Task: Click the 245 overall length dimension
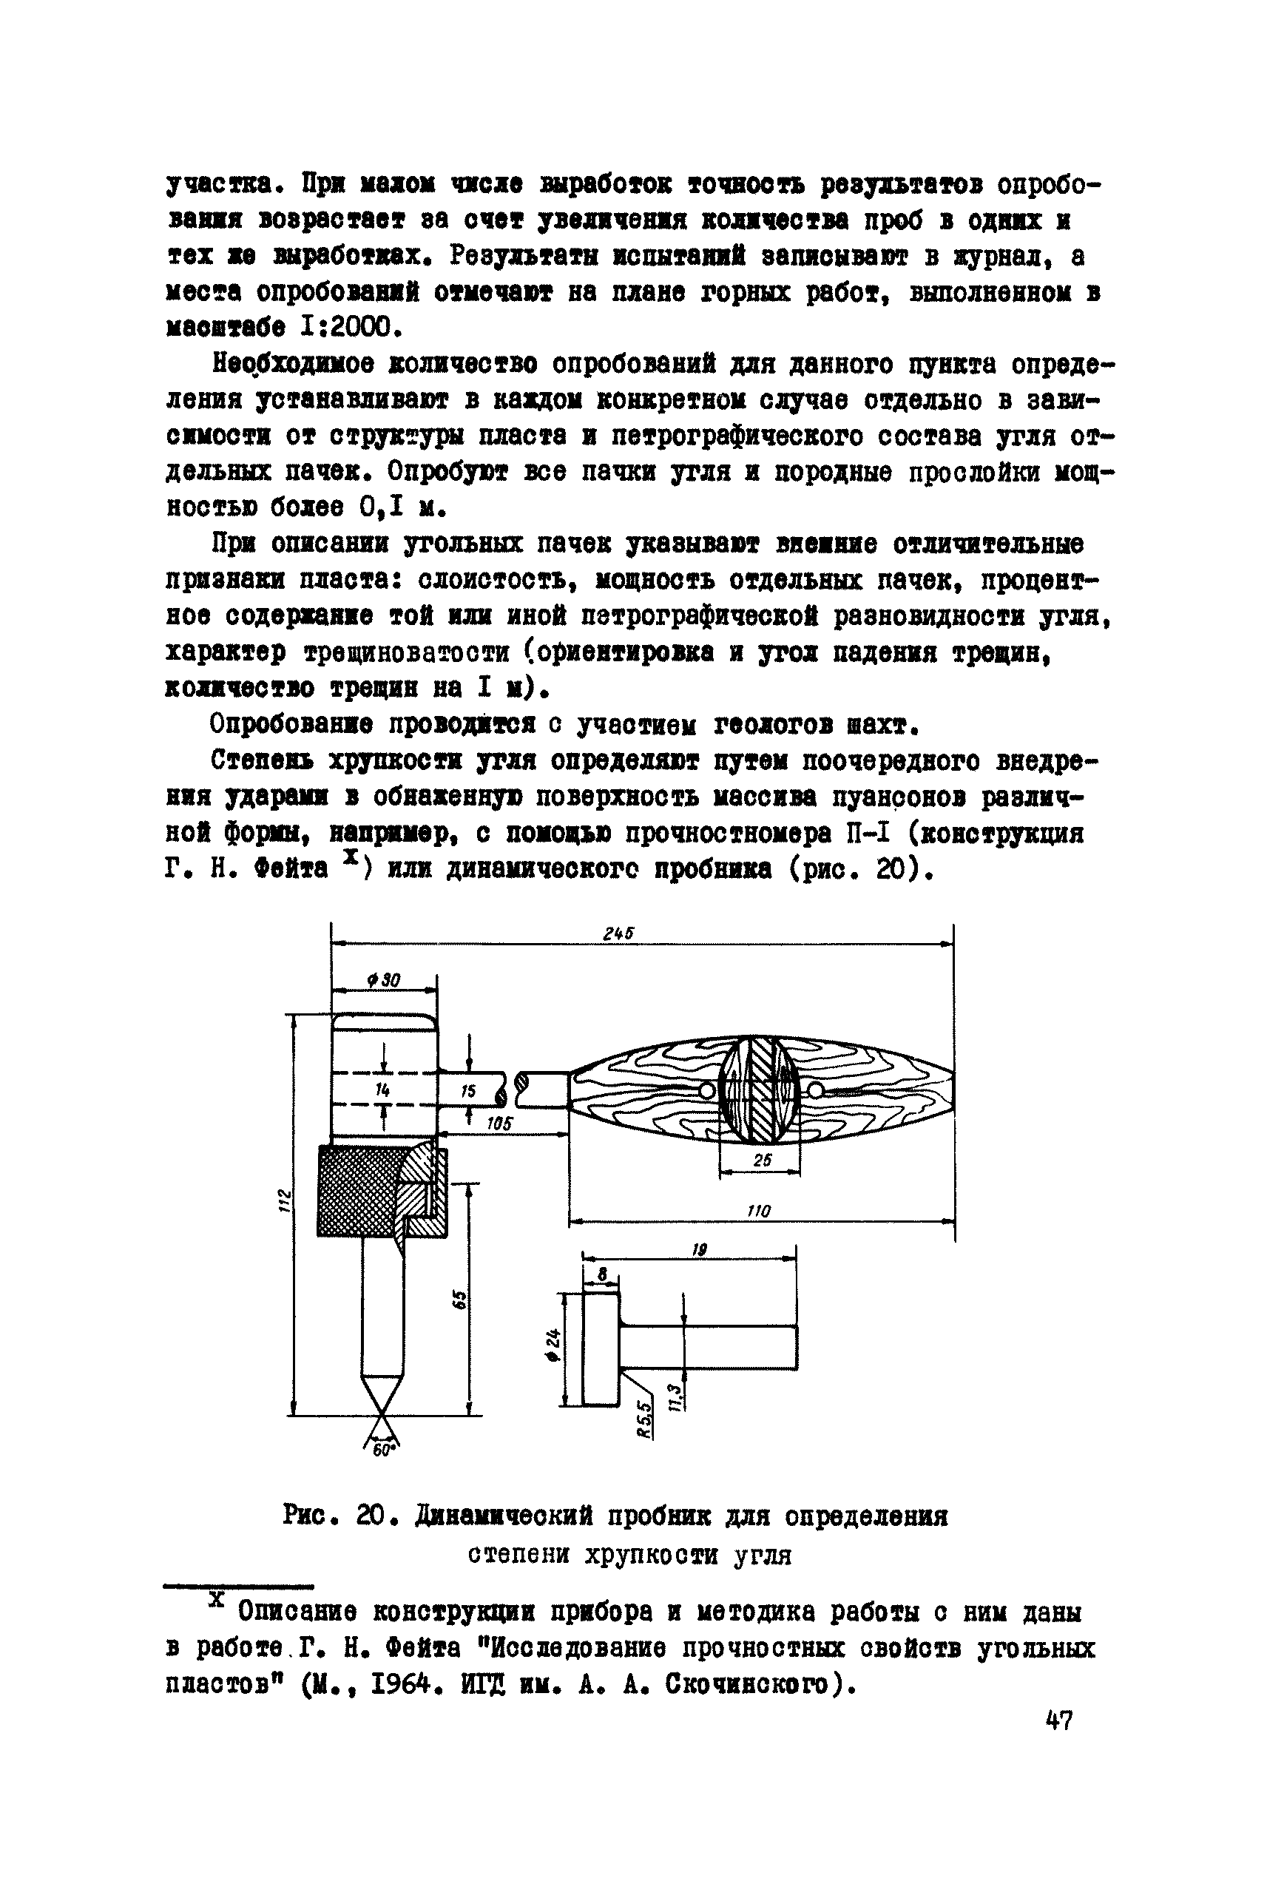pos(618,933)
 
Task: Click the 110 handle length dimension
pos(759,1211)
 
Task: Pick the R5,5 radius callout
pos(644,1418)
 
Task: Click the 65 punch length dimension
pos(459,1299)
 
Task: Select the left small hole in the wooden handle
pos(709,1091)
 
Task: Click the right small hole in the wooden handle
pos(814,1092)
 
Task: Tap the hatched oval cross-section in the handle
pos(760,1091)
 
